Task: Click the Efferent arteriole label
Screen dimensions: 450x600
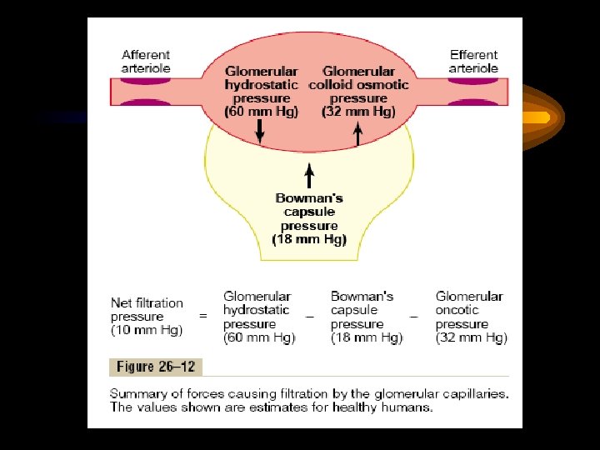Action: [473, 61]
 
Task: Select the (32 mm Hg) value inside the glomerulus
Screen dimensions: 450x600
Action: [358, 112]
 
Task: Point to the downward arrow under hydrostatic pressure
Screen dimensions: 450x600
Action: [260, 132]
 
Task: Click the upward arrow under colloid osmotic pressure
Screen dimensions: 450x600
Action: [358, 133]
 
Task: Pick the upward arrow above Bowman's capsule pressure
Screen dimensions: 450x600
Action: [309, 175]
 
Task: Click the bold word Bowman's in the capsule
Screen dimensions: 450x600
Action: [309, 198]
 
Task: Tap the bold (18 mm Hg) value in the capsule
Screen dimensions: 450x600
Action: [309, 239]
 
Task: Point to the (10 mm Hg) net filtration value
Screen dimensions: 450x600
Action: [147, 331]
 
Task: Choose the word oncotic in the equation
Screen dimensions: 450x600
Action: [457, 310]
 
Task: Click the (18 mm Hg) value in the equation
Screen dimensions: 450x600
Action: [366, 338]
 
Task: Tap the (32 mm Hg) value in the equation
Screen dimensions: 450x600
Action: [471, 338]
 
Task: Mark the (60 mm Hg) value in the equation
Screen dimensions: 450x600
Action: [259, 338]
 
